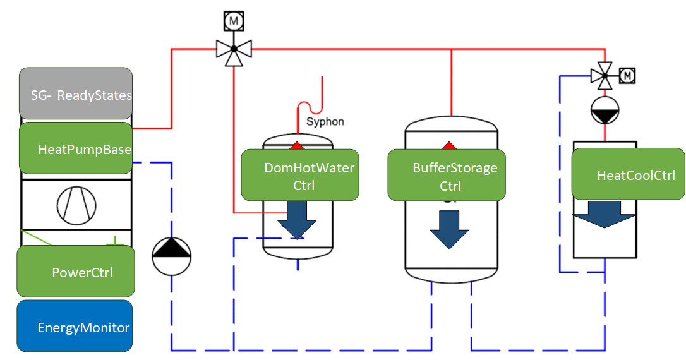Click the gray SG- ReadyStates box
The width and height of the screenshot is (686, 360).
(x=76, y=94)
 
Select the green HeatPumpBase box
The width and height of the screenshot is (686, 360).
(x=76, y=148)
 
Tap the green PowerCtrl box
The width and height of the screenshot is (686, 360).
(x=76, y=272)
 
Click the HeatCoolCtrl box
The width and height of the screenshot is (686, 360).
(x=628, y=174)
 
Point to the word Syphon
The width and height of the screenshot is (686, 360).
(x=325, y=121)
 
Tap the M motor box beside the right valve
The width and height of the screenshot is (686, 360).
(x=627, y=76)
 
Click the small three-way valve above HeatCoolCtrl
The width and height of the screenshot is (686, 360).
(x=605, y=76)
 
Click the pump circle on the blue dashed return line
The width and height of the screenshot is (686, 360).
(x=171, y=256)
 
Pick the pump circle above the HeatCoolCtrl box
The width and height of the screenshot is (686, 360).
(x=605, y=111)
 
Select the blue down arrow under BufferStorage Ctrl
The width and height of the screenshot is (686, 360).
(x=449, y=229)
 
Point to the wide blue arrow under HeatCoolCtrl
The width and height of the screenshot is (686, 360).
(x=603, y=215)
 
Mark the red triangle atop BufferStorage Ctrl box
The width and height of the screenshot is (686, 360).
(x=448, y=146)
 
